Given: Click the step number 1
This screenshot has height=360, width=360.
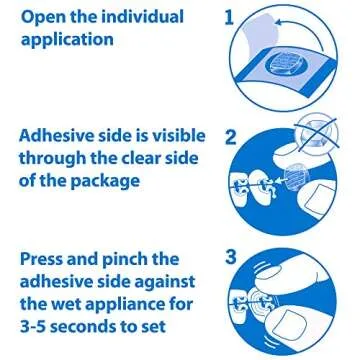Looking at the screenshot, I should (x=228, y=18).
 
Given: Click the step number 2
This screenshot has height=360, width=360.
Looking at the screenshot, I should (x=229, y=137).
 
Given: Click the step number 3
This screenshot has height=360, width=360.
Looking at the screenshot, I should (x=229, y=256).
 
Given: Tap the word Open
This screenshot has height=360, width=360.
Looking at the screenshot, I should (x=40, y=18).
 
